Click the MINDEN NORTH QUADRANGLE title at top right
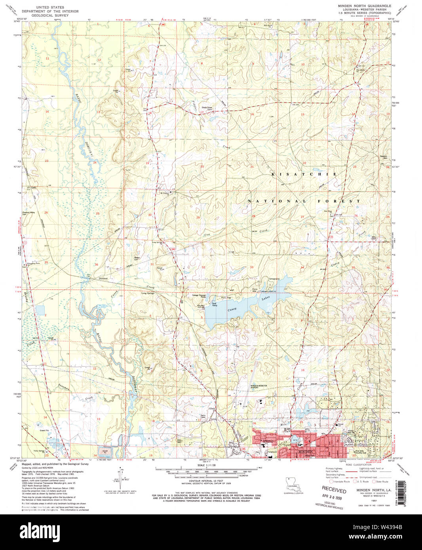(364, 6)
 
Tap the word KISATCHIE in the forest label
(304, 174)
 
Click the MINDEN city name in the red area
(305, 451)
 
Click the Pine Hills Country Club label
(360, 451)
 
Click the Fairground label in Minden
(272, 452)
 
